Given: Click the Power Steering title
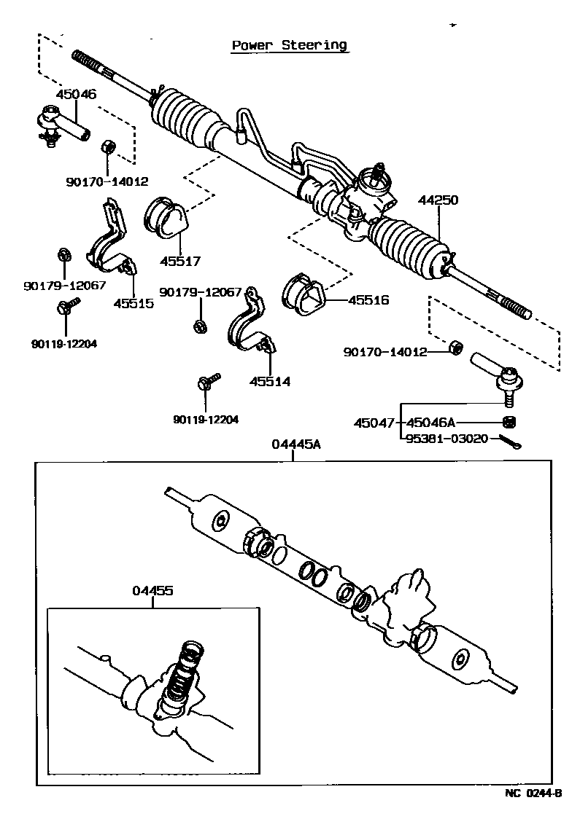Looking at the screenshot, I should pos(289,45).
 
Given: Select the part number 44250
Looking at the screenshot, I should pos(438,200).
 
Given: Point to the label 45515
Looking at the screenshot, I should pos(134,303).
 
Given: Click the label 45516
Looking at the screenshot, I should pos(368,299).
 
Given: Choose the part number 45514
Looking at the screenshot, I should pos(269,381).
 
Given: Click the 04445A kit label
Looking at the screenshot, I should pos(295,444).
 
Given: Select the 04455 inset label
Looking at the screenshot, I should pos(152,591).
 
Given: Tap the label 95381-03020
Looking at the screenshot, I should pos(447,439).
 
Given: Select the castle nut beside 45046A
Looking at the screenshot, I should pos(510,422).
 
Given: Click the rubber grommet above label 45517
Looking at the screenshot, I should pos(166,216).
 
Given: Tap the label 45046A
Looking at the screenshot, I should pos(430,423).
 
